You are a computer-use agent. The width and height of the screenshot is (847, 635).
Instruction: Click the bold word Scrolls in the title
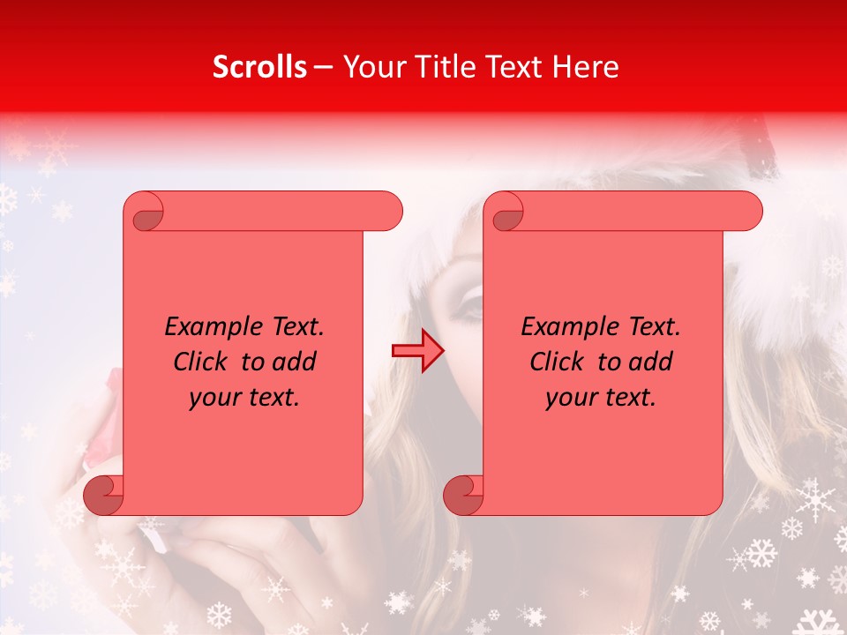coord(259,67)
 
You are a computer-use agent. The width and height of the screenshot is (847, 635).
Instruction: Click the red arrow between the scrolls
coord(418,351)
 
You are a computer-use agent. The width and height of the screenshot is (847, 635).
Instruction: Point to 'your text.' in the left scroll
coord(244,398)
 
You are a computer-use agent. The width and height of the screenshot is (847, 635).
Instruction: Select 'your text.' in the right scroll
coord(601,398)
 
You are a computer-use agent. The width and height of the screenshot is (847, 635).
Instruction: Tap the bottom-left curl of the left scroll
coord(104,495)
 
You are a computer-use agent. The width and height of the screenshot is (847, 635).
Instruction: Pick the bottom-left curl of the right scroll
coord(464,495)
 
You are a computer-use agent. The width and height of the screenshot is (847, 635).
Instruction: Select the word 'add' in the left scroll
coord(294,362)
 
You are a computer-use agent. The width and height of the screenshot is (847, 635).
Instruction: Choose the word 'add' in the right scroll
coord(650,362)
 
